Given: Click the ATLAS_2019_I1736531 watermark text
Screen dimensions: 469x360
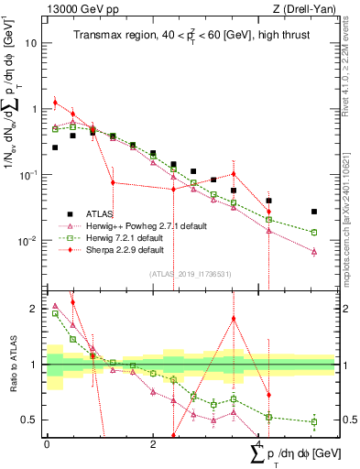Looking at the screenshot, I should [189, 273].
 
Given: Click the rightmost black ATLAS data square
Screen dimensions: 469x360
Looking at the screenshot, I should [314, 212].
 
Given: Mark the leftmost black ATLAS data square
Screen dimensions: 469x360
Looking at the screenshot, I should [55, 147].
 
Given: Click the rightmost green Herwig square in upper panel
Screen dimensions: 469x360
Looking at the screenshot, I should [314, 233].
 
